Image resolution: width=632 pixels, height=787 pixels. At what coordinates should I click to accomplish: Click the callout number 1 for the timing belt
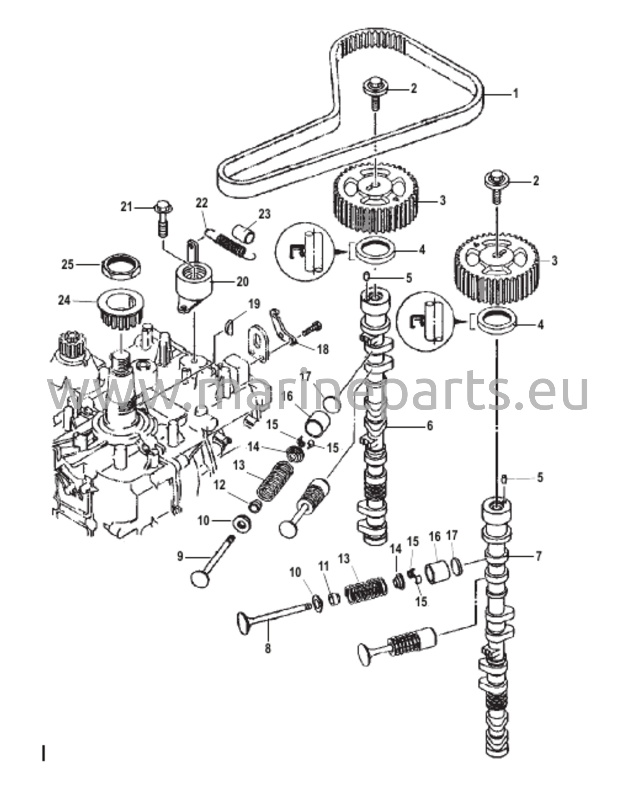point(516,93)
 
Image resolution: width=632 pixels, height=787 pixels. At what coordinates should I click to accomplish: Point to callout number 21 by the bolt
point(126,207)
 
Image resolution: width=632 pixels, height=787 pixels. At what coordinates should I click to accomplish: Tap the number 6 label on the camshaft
point(429,425)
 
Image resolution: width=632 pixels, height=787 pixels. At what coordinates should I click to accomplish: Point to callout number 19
point(254,304)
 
